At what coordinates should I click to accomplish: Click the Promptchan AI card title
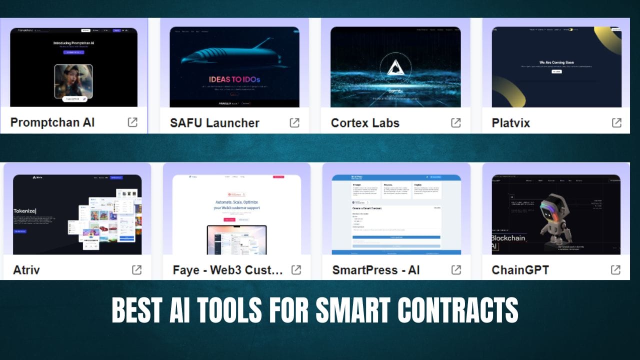pyautogui.click(x=52, y=122)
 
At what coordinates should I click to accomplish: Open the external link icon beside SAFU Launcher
pyautogui.click(x=295, y=122)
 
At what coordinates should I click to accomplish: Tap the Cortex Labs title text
pyautogui.click(x=365, y=122)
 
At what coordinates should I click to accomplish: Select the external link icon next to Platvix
pyautogui.click(x=616, y=122)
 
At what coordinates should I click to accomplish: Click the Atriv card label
pyautogui.click(x=26, y=270)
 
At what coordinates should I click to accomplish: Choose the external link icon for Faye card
pyautogui.click(x=296, y=270)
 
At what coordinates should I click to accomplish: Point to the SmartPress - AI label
pyautogui.click(x=376, y=270)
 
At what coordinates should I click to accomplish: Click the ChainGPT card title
pyautogui.click(x=520, y=270)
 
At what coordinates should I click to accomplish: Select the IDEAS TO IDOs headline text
pyautogui.click(x=234, y=79)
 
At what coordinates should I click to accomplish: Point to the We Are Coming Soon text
pyautogui.click(x=556, y=62)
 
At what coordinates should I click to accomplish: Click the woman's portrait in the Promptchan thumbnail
pyautogui.click(x=73, y=80)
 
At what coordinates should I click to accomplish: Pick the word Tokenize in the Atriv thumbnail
pyautogui.click(x=25, y=211)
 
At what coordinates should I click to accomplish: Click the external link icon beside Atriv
pyautogui.click(x=136, y=270)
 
